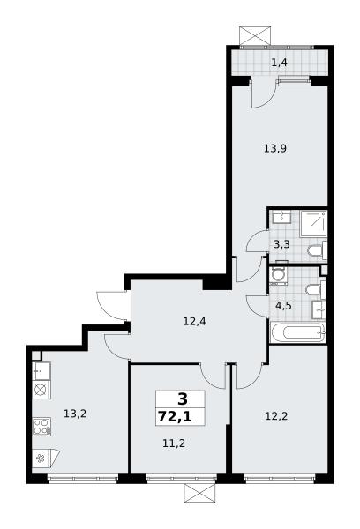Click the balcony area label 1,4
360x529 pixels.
tap(280, 63)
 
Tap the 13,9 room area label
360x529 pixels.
tap(275, 148)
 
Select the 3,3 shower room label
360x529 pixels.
tap(281, 244)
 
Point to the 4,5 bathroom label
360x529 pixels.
tap(283, 306)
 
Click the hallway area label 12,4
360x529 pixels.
tap(194, 321)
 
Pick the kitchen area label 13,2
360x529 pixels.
tap(75, 414)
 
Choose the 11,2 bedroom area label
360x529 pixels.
tap(174, 443)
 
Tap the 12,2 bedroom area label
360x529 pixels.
tap(276, 416)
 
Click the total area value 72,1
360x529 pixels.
tap(175, 417)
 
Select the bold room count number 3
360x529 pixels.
tap(182, 399)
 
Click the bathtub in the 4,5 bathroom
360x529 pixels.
tap(297, 332)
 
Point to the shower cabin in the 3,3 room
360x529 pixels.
tap(313, 224)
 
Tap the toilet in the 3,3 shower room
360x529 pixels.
tap(317, 250)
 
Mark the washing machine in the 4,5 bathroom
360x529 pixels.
tap(278, 275)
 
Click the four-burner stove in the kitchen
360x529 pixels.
tap(41, 427)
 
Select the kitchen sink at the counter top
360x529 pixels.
tap(41, 371)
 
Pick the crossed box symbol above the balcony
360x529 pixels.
tap(255, 35)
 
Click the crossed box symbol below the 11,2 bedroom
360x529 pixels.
tap(199, 493)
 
